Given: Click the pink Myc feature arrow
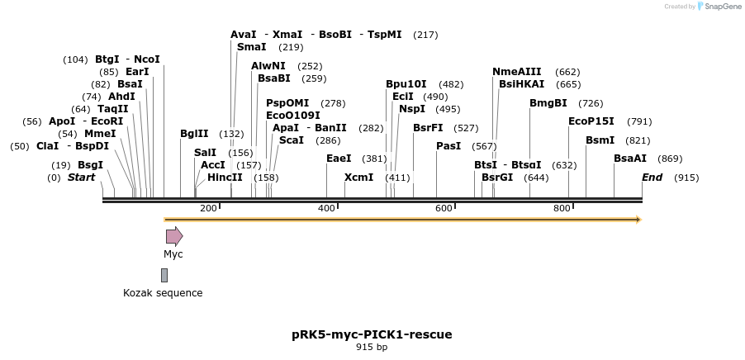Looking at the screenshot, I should [173, 236].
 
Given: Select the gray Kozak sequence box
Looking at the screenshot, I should [164, 275].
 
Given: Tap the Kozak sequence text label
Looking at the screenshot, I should [163, 293].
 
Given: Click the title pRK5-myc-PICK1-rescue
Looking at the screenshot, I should [372, 334].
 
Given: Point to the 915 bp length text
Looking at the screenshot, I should [372, 348].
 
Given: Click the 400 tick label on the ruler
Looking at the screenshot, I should [327, 208].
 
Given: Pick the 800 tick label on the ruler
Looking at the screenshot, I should [562, 208].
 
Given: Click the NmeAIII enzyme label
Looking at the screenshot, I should [517, 72].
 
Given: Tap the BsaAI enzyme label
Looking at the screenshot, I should [630, 159].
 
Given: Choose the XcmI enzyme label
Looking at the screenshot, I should [358, 178].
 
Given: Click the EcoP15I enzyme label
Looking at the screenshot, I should [591, 121].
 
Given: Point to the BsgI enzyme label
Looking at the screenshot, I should [90, 165].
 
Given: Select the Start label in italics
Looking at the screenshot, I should [81, 178].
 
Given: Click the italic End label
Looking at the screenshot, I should [652, 178].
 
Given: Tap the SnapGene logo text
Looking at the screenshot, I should [722, 7].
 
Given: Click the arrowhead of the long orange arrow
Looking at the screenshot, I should [637, 220].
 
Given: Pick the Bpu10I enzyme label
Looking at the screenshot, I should [406, 84].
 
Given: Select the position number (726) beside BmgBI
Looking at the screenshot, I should [591, 103].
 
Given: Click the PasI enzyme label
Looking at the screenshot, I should [448, 146].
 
